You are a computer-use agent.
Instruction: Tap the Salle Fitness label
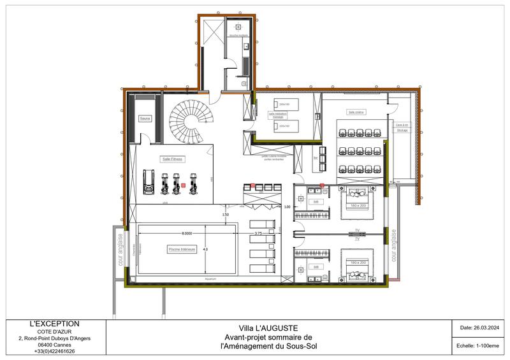pyautogui.click(x=172, y=159)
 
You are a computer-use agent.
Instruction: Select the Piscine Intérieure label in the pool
pyautogui.click(x=182, y=249)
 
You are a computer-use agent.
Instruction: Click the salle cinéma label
pyautogui.click(x=355, y=111)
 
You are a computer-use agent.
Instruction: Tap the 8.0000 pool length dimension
pyautogui.click(x=189, y=233)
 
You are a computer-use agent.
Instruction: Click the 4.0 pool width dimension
pyautogui.click(x=205, y=249)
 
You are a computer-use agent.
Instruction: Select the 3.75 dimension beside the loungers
pyautogui.click(x=258, y=233)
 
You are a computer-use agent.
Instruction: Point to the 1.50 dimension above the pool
pyautogui.click(x=225, y=215)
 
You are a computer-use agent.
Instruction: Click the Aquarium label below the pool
pyautogui.click(x=211, y=279)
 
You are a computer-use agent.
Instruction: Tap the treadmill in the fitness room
pyautogui.click(x=149, y=182)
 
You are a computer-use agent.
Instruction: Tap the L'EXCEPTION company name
pyautogui.click(x=55, y=324)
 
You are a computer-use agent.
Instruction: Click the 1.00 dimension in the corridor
pyautogui.click(x=287, y=207)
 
